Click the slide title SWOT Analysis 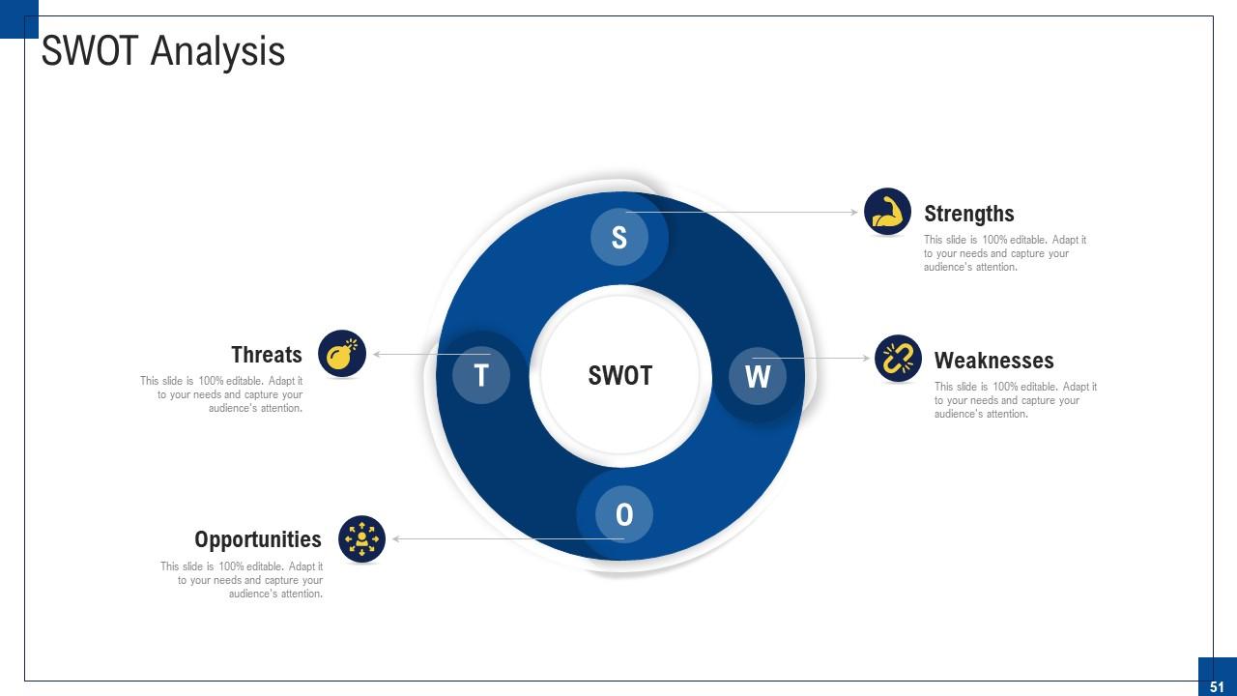pyautogui.click(x=163, y=51)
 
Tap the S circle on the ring pyautogui.click(x=619, y=237)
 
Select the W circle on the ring pyautogui.click(x=758, y=375)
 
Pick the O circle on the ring pyautogui.click(x=624, y=514)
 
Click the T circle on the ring pyautogui.click(x=481, y=374)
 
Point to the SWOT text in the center pyautogui.click(x=620, y=375)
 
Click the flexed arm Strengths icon pyautogui.click(x=887, y=212)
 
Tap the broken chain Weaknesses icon pyautogui.click(x=899, y=359)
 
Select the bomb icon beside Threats pyautogui.click(x=342, y=353)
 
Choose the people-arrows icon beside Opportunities pyautogui.click(x=362, y=538)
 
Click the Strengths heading pyautogui.click(x=969, y=214)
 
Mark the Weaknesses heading pyautogui.click(x=993, y=361)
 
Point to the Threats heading pyautogui.click(x=267, y=355)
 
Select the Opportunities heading pyautogui.click(x=258, y=539)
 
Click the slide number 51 pyautogui.click(x=1217, y=686)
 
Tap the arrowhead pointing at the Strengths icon pyautogui.click(x=854, y=212)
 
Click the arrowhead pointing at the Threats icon pyautogui.click(x=377, y=355)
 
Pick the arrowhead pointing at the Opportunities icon pyautogui.click(x=396, y=538)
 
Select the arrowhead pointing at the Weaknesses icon pyautogui.click(x=866, y=359)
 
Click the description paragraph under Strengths pyautogui.click(x=1005, y=253)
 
